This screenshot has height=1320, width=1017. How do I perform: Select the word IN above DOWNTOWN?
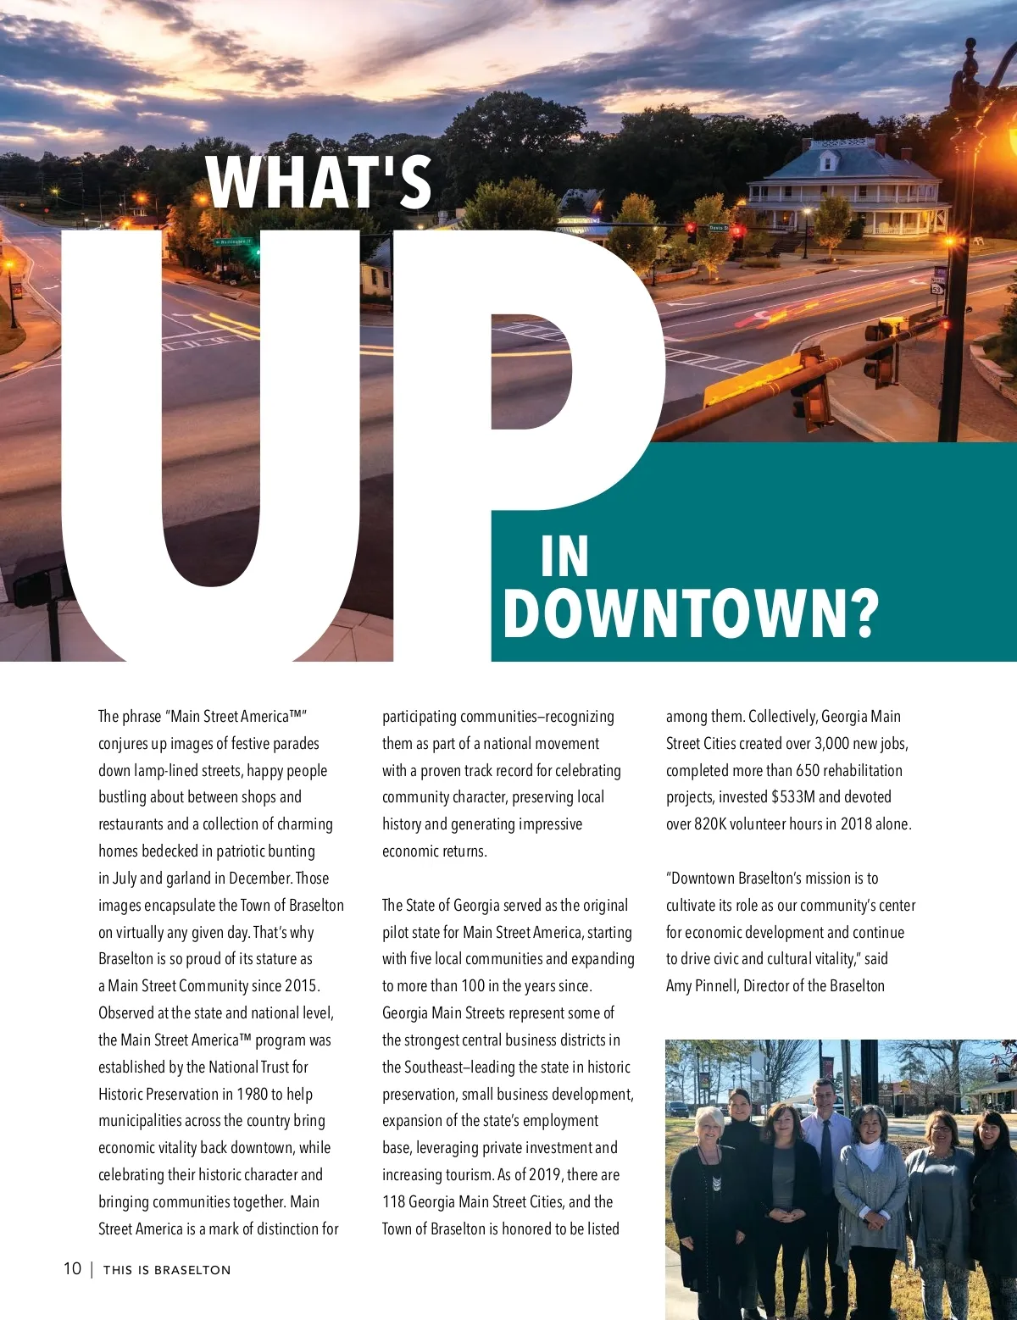click(x=564, y=557)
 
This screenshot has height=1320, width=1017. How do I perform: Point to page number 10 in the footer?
click(x=72, y=1268)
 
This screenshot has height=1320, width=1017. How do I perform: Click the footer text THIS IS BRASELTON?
click(x=167, y=1269)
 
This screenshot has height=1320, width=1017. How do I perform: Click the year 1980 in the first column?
click(x=252, y=1094)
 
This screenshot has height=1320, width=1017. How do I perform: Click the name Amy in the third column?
click(x=681, y=985)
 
